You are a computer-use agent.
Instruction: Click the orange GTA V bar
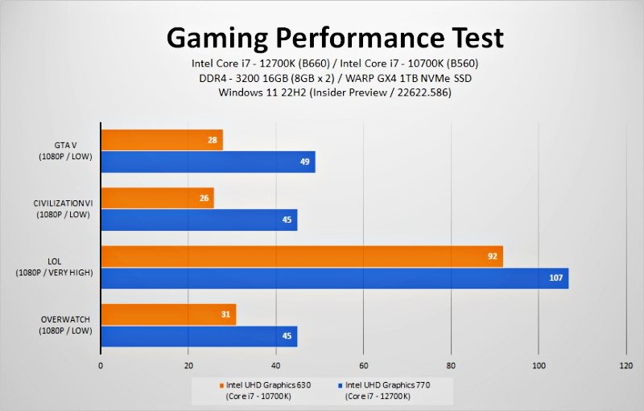[161, 140]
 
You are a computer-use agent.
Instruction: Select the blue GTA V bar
[207, 162]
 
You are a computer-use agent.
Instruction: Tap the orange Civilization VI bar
[157, 198]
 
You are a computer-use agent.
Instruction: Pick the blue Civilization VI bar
[199, 220]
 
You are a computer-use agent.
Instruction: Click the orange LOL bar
[301, 257]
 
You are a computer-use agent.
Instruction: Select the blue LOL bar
[334, 278]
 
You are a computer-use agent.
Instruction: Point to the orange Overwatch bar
[167, 314]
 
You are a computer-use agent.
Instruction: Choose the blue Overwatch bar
[199, 336]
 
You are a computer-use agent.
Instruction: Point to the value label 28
[213, 140]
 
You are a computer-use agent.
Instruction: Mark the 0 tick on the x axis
[101, 364]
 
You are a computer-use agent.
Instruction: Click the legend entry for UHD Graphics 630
[265, 390]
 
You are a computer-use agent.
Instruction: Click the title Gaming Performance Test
[335, 37]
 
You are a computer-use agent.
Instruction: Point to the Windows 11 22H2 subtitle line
[334, 92]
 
